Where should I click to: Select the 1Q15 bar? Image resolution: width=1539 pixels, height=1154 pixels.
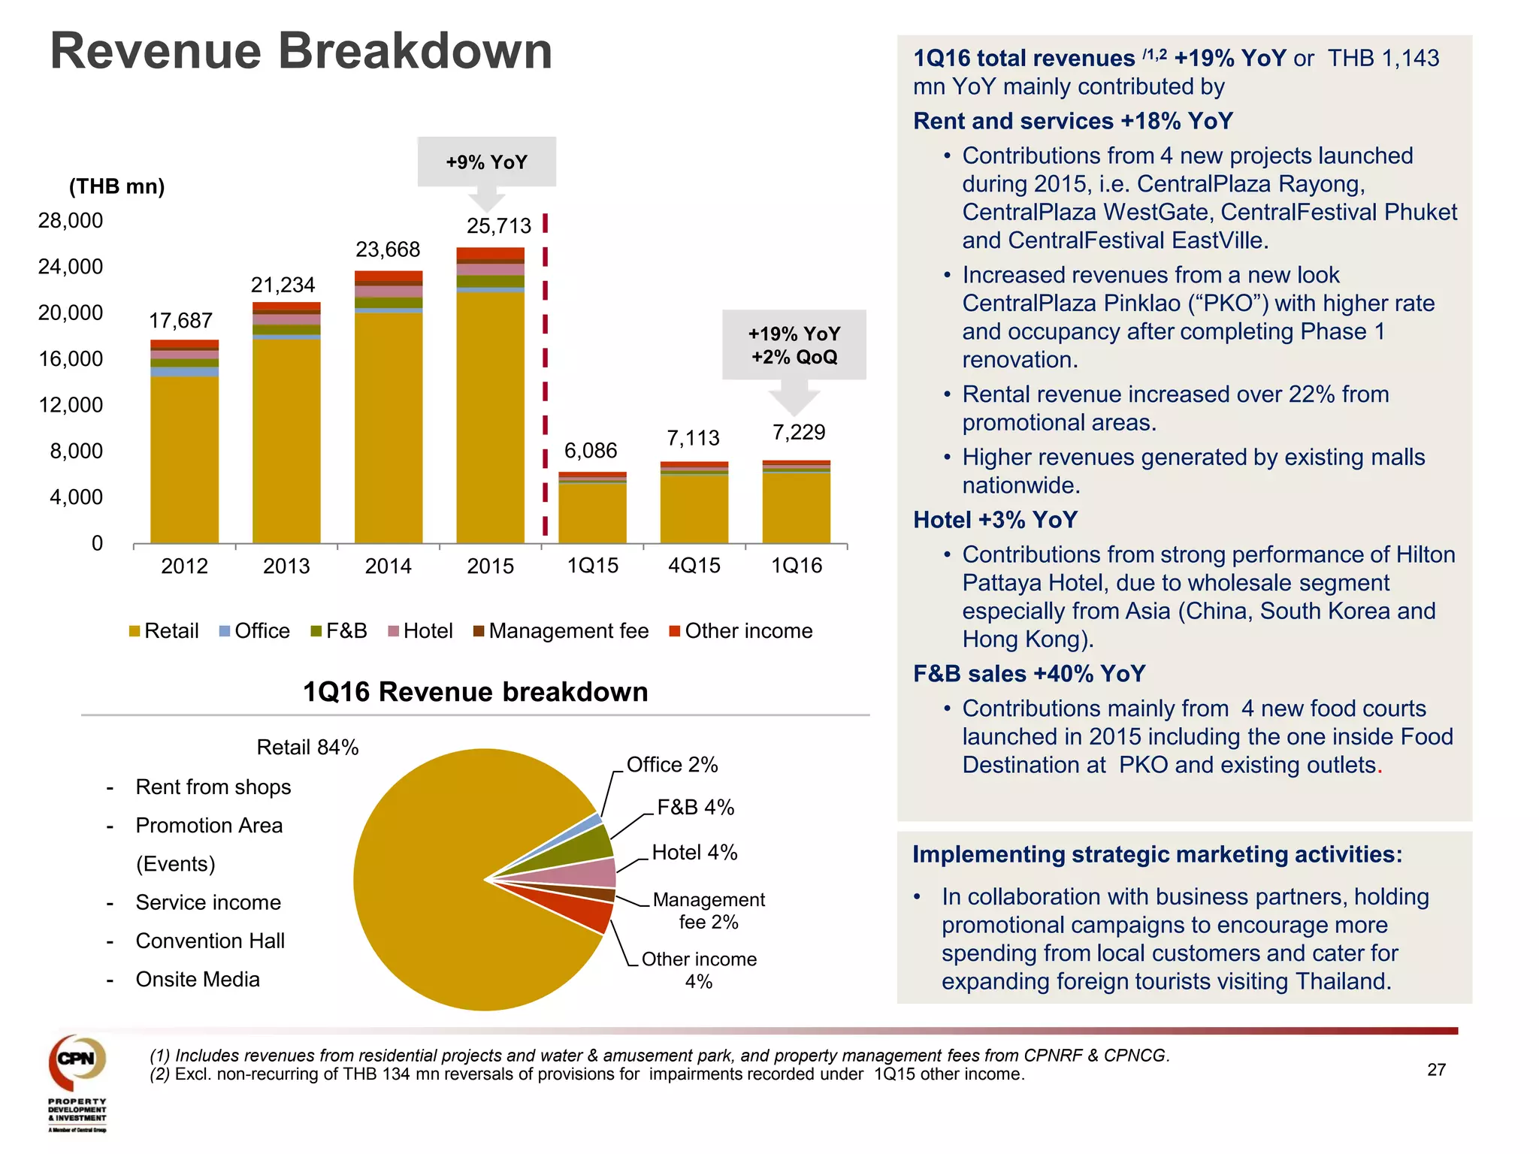[x=592, y=511]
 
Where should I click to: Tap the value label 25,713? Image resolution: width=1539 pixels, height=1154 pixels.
[x=499, y=226]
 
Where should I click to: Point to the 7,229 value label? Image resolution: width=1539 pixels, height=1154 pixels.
[x=799, y=432]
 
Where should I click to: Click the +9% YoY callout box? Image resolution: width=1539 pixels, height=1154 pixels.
[x=486, y=162]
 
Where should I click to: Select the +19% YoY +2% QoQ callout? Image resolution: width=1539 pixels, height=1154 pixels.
[x=794, y=345]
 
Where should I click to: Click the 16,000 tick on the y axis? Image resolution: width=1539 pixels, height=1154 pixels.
[x=71, y=359]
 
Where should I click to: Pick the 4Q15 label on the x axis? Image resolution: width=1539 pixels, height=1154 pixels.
[x=694, y=566]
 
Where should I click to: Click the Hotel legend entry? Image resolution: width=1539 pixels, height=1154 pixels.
[x=420, y=631]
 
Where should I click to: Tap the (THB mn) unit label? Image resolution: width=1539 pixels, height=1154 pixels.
[x=116, y=186]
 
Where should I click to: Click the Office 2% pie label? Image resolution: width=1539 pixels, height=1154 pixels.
[x=672, y=765]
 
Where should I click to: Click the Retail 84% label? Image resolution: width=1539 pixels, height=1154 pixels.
[x=307, y=748]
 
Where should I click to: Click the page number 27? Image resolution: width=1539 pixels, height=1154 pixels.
[x=1436, y=1070]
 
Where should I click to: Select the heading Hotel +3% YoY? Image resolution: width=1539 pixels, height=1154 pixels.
[x=995, y=520]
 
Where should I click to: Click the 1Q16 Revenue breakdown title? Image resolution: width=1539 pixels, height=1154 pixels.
[x=475, y=692]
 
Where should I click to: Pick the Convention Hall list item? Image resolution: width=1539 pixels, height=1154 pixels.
[x=210, y=941]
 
